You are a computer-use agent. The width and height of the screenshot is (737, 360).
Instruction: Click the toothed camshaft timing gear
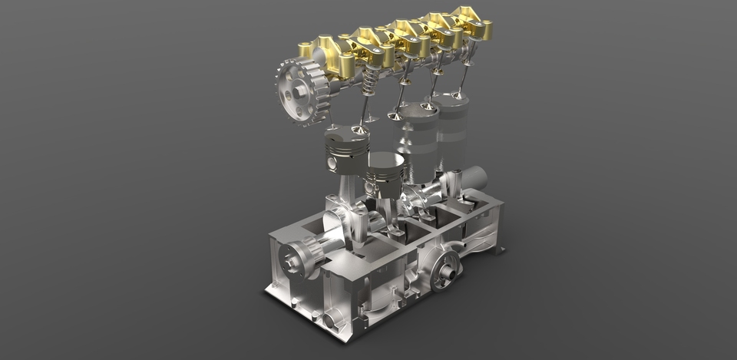(298, 91)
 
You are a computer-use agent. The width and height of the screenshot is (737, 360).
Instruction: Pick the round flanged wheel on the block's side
(445, 269)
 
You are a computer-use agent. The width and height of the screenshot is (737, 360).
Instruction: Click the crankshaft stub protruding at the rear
(474, 179)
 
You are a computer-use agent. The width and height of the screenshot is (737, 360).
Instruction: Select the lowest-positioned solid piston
(382, 174)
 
